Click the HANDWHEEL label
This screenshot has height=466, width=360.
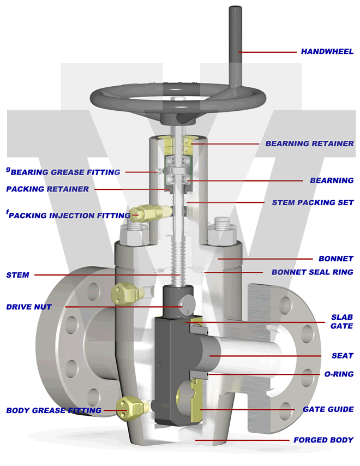click(327, 52)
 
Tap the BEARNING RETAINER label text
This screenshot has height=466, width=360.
click(309, 144)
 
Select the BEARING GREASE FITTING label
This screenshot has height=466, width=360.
click(65, 172)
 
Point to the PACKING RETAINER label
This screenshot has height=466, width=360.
click(47, 189)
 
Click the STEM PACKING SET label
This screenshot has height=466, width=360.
click(313, 202)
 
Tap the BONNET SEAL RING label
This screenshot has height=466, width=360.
click(312, 272)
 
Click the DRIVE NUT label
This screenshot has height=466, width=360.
click(29, 307)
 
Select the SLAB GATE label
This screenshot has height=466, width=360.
click(342, 321)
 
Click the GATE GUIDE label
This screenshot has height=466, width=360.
click(328, 409)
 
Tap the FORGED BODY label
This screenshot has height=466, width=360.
click(323, 440)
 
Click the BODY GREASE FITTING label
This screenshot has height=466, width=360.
click(53, 410)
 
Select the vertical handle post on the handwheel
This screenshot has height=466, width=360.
click(236, 44)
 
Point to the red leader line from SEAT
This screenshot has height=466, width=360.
click(267, 356)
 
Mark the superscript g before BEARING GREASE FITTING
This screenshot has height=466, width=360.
click(8, 169)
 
